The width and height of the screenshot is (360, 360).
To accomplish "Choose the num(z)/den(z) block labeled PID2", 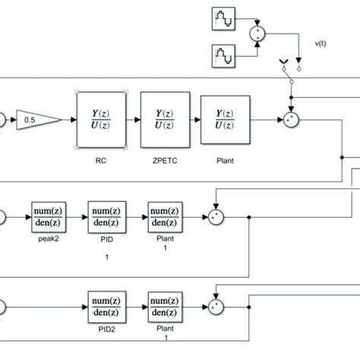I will pos(107,308).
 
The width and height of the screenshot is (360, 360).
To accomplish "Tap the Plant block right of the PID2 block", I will pos(165,308).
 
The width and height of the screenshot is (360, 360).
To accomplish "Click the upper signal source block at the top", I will pos(225,17).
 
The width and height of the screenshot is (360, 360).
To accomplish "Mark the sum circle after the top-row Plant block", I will pos(289,120).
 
